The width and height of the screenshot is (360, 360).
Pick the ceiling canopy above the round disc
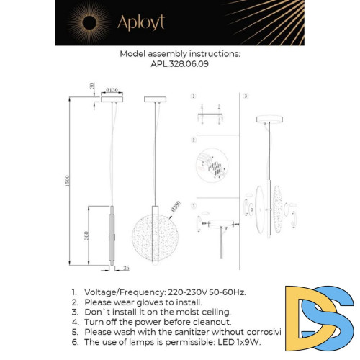point(154,99)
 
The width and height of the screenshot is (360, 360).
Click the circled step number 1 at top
point(193,96)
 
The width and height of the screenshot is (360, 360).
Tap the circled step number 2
point(193,139)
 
